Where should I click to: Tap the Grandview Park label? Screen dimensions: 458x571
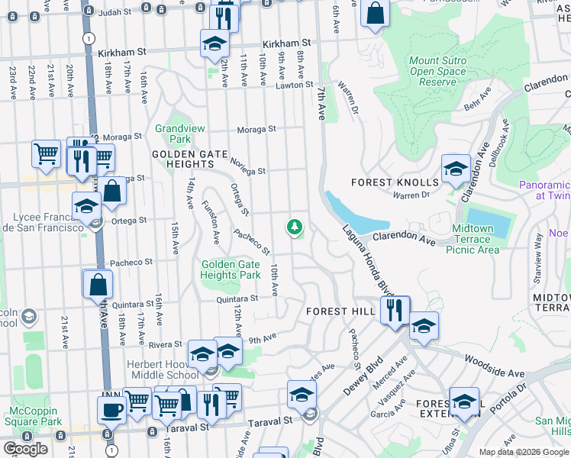pos(173,134)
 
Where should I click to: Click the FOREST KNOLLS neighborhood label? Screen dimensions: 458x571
pos(395,182)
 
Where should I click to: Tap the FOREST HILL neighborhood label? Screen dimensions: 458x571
pos(340,311)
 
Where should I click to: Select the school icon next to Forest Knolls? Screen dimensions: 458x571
pos(456,169)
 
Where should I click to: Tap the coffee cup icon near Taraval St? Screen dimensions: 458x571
pos(111,409)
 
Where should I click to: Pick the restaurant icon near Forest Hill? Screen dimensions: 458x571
pos(395,309)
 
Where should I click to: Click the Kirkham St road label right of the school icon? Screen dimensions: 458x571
pos(286,44)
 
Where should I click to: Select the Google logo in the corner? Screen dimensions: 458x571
pos(25,448)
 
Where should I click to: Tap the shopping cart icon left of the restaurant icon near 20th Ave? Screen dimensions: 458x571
pos(47,153)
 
